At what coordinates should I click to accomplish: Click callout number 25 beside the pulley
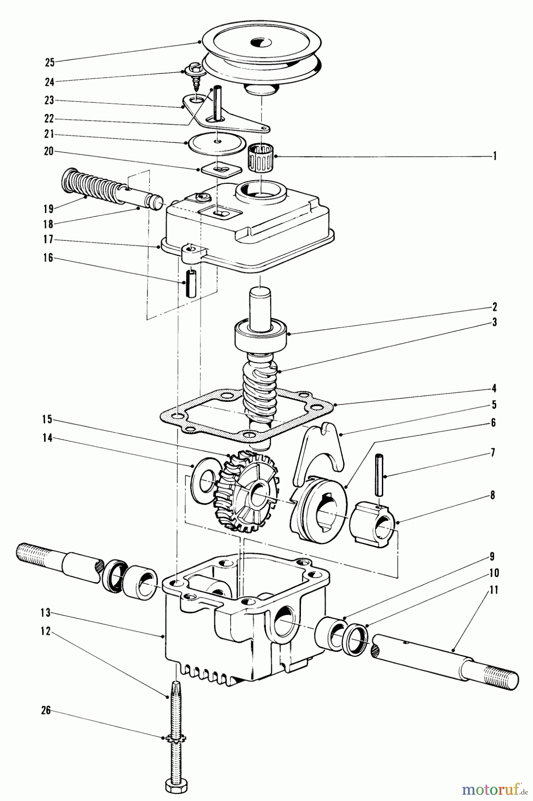pyautogui.click(x=49, y=62)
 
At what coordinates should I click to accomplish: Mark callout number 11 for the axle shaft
pyautogui.click(x=494, y=591)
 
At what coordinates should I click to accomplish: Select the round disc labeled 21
pyautogui.click(x=216, y=142)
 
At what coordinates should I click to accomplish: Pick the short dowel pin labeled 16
pyautogui.click(x=190, y=284)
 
